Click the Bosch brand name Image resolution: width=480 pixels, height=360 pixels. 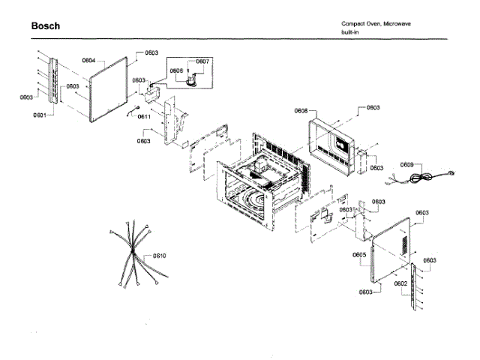[45, 26]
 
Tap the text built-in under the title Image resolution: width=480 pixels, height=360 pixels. [351, 32]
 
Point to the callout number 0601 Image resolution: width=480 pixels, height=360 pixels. [40, 115]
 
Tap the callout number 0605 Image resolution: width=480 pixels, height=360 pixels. [359, 255]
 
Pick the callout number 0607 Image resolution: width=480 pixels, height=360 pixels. [202, 61]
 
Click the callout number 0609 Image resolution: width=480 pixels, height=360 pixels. [406, 164]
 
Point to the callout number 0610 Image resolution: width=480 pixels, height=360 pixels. [159, 256]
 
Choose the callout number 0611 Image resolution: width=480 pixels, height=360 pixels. [145, 117]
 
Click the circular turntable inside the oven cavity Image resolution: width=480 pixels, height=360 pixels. [251, 201]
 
